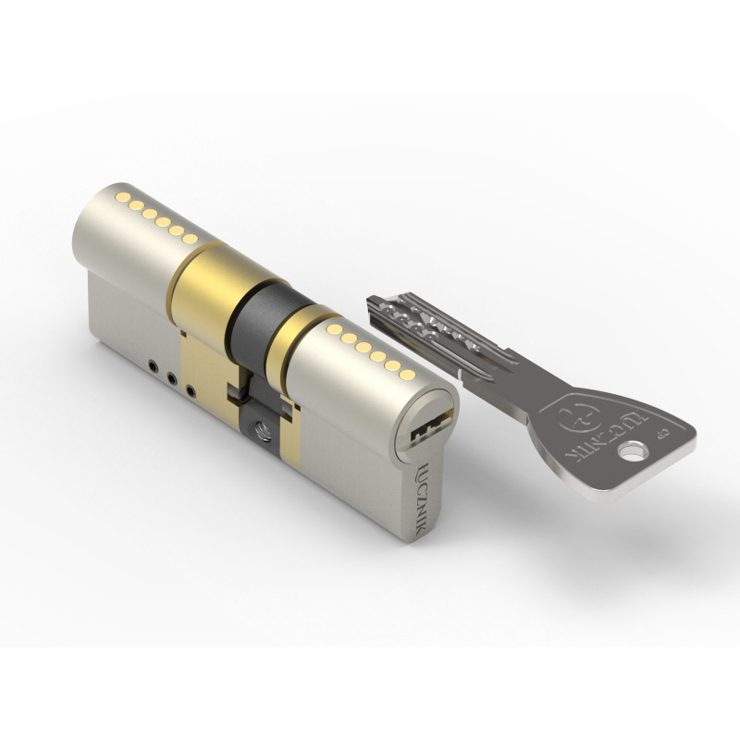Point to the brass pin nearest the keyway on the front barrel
406,376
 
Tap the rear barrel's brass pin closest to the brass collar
190,239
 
